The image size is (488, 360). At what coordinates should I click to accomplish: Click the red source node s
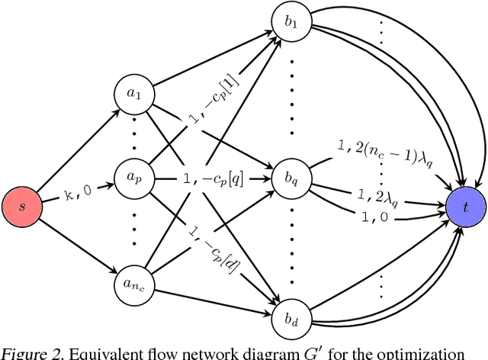21,206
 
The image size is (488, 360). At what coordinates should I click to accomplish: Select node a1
133,94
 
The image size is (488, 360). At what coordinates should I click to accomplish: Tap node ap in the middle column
133,178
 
